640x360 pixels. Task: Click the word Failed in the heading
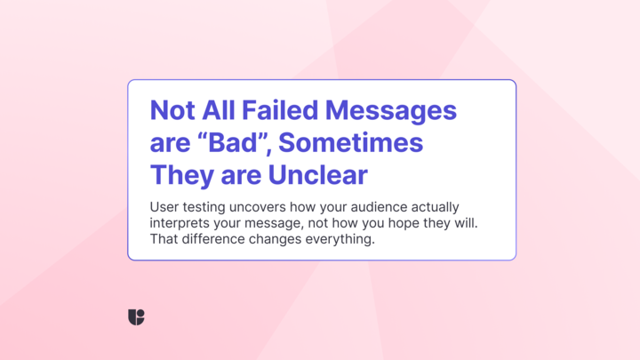pos(280,110)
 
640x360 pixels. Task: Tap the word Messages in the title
pos(391,111)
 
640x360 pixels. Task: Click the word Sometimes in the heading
pos(350,142)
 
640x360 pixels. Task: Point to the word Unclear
pos(318,175)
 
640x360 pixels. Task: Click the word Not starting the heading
pos(172,110)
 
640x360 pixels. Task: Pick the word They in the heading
pos(182,175)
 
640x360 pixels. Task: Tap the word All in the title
pos(219,110)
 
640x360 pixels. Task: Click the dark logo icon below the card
pos(136,317)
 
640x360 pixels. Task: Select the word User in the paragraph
pos(164,207)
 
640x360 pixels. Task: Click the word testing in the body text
pos(204,208)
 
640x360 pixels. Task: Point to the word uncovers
pos(258,207)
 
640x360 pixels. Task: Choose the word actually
pos(435,208)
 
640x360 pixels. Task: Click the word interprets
pos(180,224)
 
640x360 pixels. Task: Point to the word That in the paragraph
pos(164,239)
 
